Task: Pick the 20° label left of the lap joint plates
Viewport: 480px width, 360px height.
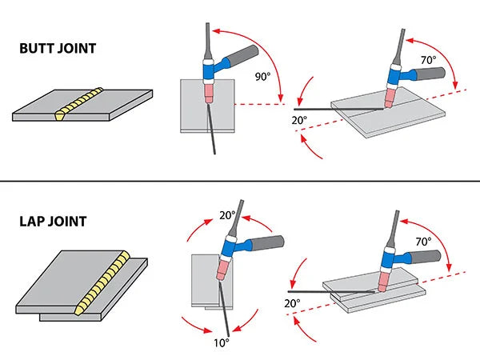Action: coord(291,303)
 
